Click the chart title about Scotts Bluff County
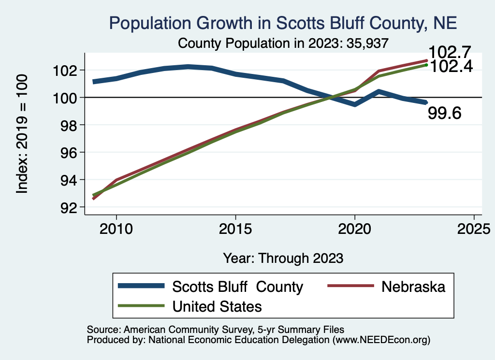[283, 23]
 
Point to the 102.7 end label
[450, 52]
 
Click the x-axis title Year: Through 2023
[283, 258]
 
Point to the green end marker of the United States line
[426, 65]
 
